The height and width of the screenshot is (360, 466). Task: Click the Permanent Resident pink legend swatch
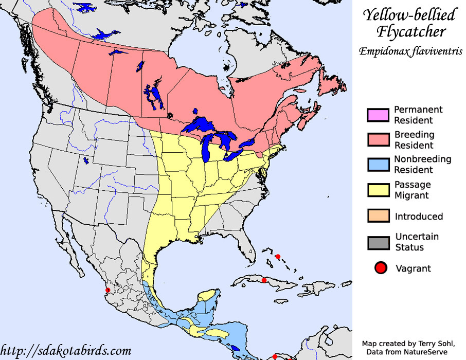(x=378, y=115)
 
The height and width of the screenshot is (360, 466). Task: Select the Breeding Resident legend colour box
(x=378, y=140)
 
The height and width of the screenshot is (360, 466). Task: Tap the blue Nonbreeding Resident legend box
(x=378, y=165)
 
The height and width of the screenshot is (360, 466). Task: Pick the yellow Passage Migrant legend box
(x=378, y=190)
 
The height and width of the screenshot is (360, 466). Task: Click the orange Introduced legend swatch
(x=378, y=216)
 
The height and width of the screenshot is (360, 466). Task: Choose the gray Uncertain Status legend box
(x=378, y=242)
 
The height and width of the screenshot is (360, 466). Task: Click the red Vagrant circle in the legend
(x=381, y=268)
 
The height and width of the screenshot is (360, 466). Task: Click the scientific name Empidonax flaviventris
(x=410, y=51)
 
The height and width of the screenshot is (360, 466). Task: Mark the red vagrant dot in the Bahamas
(x=278, y=256)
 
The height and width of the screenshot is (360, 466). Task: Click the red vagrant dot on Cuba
(x=264, y=280)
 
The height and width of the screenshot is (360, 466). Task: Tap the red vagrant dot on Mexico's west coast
(x=107, y=291)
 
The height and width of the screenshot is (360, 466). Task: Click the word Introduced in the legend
(x=419, y=217)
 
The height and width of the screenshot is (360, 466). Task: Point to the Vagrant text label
(x=413, y=268)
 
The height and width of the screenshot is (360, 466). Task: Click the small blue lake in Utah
(x=85, y=160)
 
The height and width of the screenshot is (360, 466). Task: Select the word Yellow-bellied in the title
(x=409, y=14)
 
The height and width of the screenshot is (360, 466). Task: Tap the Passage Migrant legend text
(x=413, y=190)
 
